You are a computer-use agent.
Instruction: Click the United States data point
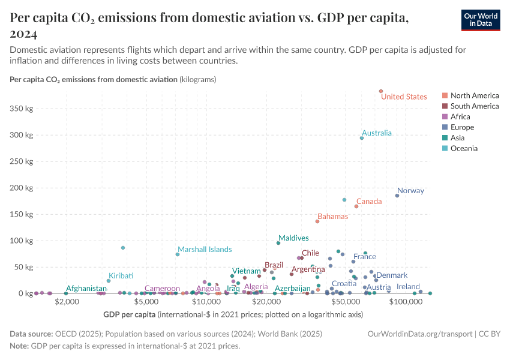[381, 91]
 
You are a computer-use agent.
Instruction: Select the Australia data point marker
[362, 138]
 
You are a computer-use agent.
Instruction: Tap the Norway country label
[410, 191]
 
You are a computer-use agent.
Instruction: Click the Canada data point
[356, 206]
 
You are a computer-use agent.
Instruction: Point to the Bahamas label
[332, 216]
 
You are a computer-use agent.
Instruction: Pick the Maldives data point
[278, 243]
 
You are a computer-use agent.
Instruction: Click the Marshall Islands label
[205, 250]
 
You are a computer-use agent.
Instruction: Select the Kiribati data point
[109, 281]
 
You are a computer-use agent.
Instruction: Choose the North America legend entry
[474, 95]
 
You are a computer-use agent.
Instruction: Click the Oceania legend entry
[464, 148]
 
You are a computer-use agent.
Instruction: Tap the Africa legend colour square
[445, 117]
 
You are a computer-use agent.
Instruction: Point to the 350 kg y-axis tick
[22, 109]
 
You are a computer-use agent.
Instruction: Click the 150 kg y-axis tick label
[22, 214]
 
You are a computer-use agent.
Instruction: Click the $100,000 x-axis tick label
[406, 302]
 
